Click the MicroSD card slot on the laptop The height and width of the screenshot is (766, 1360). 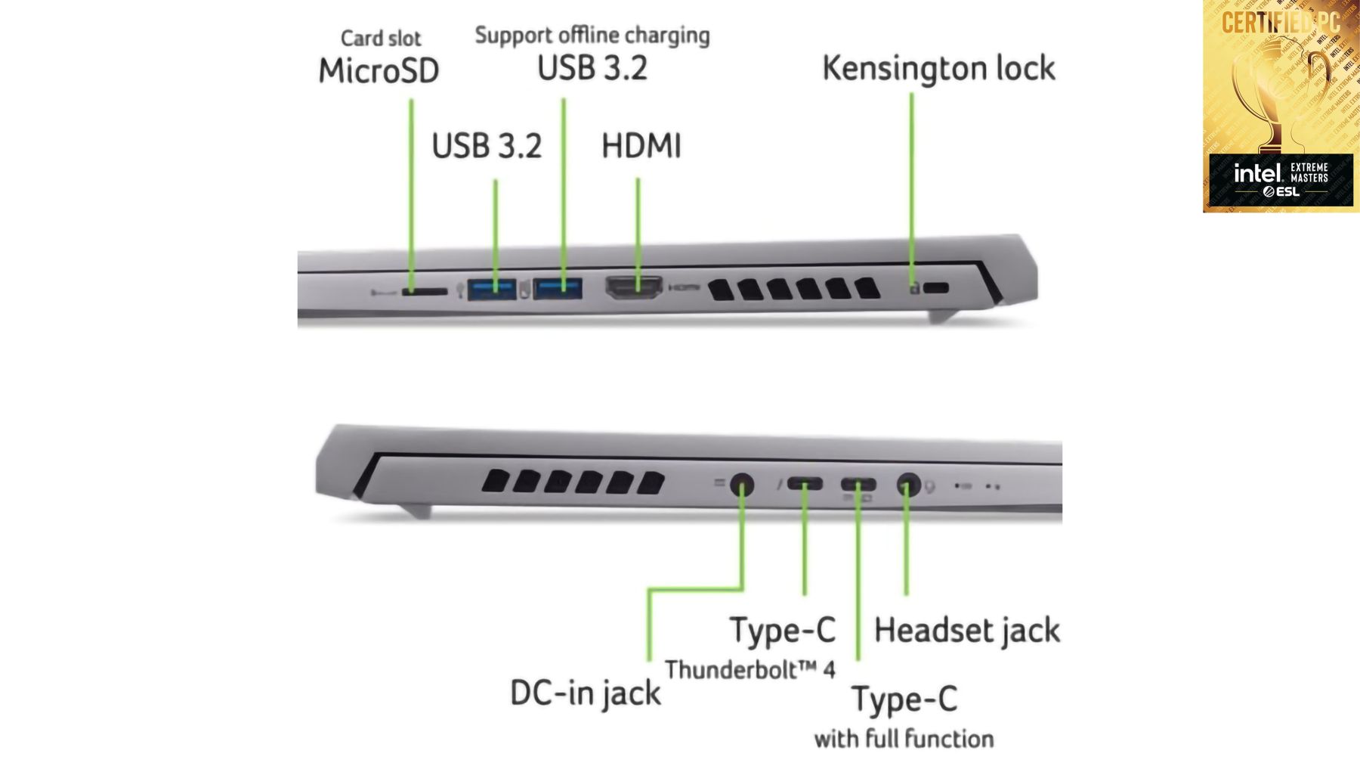(x=425, y=290)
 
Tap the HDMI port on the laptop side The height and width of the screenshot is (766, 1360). (x=634, y=287)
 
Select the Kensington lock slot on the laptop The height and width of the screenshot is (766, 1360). (x=936, y=287)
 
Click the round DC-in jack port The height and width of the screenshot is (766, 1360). (x=742, y=484)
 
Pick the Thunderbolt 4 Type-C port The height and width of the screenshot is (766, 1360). (x=805, y=483)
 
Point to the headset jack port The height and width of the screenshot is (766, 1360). (x=907, y=484)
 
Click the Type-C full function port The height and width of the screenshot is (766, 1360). (x=858, y=484)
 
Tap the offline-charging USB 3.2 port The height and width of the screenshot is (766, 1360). (x=558, y=288)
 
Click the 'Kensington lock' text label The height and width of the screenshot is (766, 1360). (x=938, y=68)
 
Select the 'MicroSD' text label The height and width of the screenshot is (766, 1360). (x=379, y=71)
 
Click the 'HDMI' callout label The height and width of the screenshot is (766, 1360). (x=641, y=146)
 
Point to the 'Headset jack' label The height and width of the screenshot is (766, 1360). (x=966, y=631)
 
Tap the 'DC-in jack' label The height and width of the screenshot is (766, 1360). (x=585, y=693)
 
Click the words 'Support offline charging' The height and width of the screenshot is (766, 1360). (x=592, y=36)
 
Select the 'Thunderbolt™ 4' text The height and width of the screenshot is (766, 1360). (x=750, y=669)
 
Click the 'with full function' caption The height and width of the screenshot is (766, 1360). (x=904, y=738)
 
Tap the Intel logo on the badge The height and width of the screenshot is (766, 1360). (x=1257, y=173)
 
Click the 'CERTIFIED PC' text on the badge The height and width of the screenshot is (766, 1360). (x=1280, y=23)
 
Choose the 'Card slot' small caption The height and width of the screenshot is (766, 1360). (x=381, y=38)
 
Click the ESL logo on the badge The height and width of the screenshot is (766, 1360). (x=1281, y=192)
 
